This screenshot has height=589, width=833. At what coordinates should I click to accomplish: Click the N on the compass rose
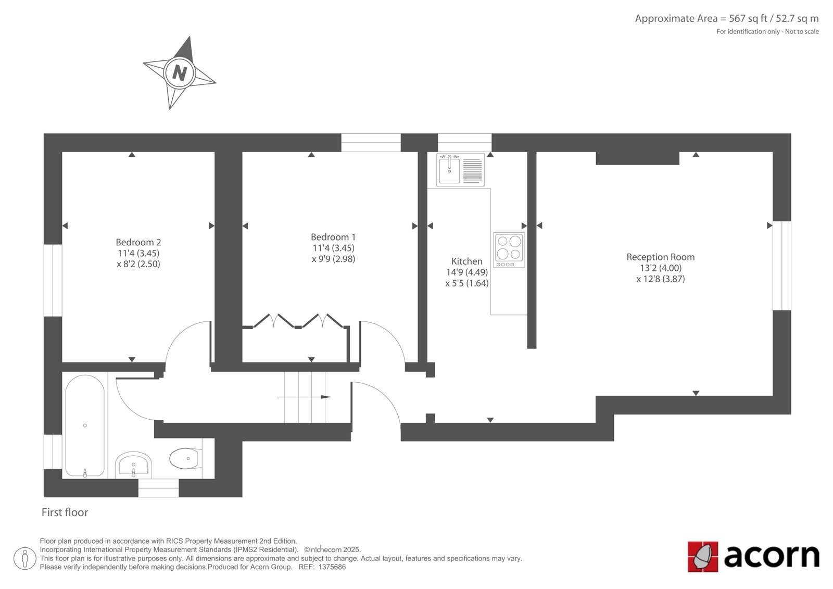180,73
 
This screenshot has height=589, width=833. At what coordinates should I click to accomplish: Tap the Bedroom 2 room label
138,242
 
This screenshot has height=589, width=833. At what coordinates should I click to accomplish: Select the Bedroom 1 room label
333,237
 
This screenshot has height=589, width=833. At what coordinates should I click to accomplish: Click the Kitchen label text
466,261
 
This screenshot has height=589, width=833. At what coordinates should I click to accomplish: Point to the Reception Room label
661,257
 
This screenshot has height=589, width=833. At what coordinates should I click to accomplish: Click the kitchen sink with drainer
460,170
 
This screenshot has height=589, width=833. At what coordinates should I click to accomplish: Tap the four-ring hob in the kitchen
509,250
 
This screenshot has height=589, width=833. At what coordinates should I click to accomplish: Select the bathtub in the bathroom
85,425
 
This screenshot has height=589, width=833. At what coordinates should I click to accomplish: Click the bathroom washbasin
133,466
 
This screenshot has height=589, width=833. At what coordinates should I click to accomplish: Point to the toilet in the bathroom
186,459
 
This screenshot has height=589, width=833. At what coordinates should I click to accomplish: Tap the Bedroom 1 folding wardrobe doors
297,321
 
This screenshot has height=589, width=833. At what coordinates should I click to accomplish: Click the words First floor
65,512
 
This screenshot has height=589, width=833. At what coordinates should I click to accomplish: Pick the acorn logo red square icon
703,557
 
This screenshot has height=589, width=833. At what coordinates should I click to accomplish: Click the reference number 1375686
332,567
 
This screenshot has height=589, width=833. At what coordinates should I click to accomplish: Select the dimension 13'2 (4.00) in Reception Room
661,268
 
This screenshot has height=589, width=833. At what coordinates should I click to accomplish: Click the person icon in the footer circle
25,558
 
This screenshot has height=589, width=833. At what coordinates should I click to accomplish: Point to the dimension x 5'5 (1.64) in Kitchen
466,283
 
